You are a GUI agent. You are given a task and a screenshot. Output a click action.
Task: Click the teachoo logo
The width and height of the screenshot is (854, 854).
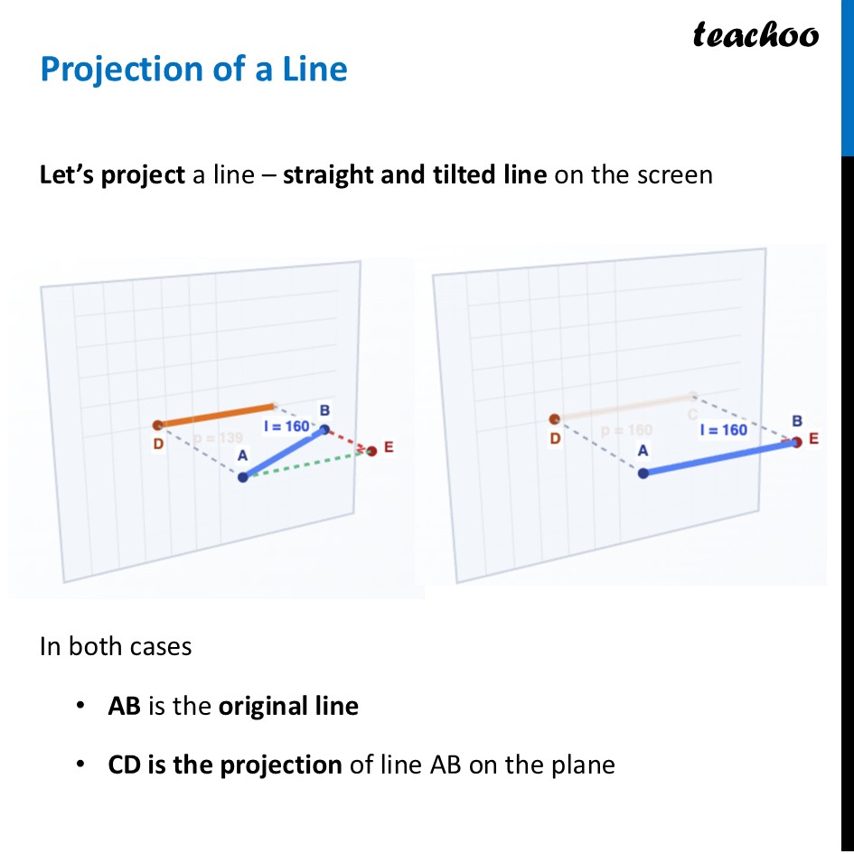[755, 35]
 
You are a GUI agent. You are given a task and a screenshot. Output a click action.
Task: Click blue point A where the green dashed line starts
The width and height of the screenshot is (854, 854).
[242, 477]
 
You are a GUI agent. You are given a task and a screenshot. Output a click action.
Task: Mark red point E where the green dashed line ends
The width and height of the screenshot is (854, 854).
[371, 450]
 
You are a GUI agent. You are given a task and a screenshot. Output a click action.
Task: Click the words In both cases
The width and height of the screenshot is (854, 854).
[116, 646]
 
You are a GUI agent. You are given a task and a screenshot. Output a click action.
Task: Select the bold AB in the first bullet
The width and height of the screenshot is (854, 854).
[124, 706]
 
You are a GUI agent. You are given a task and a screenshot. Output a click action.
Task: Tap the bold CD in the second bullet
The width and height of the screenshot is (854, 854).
[125, 765]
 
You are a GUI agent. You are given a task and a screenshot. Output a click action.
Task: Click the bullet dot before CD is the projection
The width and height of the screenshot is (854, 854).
[82, 765]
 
